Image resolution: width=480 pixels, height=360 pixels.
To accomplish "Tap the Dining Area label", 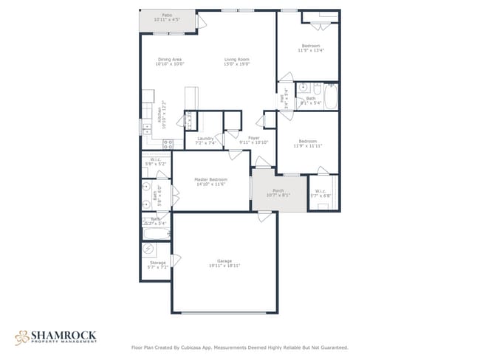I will coord(169,60).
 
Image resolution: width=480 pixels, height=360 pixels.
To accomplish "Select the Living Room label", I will coord(237,60).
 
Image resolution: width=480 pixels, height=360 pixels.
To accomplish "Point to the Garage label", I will coord(224,260).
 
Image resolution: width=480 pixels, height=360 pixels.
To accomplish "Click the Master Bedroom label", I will coord(210,179).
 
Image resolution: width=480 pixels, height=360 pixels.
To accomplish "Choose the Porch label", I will coord(278,190).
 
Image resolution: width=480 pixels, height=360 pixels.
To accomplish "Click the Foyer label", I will coord(253,138).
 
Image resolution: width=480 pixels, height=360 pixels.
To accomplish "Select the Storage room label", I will coord(157,262).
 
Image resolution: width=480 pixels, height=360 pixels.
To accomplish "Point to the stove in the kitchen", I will coord(168,144).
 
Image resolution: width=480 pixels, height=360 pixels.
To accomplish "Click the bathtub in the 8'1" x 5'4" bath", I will coord(330,97).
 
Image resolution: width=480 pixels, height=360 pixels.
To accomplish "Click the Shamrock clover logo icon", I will coord(21,337).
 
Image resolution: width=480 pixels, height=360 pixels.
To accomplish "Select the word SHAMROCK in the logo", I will coord(64,334).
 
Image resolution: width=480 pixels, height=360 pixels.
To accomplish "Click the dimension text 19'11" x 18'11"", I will coord(224,266).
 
